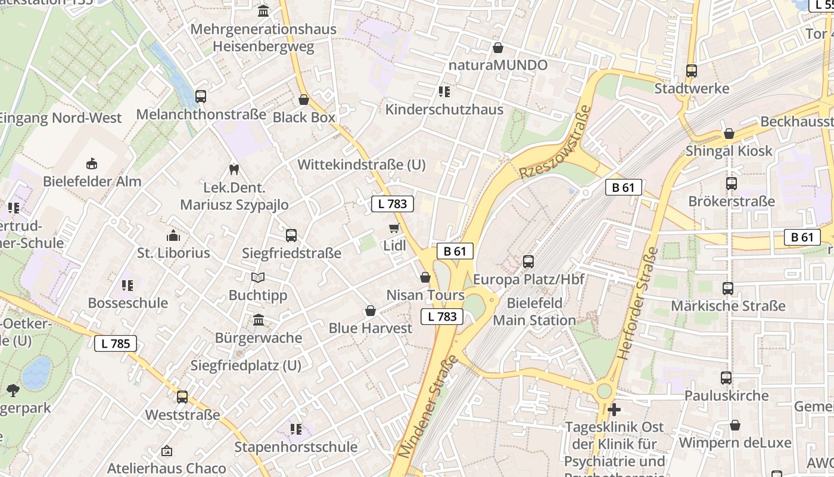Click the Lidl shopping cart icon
point(394,228)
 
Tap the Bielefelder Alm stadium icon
point(92,163)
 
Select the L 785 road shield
point(116,343)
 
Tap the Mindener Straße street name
point(428,406)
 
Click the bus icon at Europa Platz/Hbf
point(528,261)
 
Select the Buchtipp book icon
point(257,277)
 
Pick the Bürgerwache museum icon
point(259,320)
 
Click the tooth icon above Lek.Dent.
point(234,169)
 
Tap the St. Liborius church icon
point(173,235)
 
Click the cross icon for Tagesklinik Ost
point(614,410)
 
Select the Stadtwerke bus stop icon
point(692,70)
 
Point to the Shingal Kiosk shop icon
point(729,134)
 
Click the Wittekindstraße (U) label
point(362,165)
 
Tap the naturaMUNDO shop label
point(497,65)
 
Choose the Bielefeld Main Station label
point(534,311)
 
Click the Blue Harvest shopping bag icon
point(370,311)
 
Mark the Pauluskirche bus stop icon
point(726,377)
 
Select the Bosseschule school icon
point(127,285)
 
